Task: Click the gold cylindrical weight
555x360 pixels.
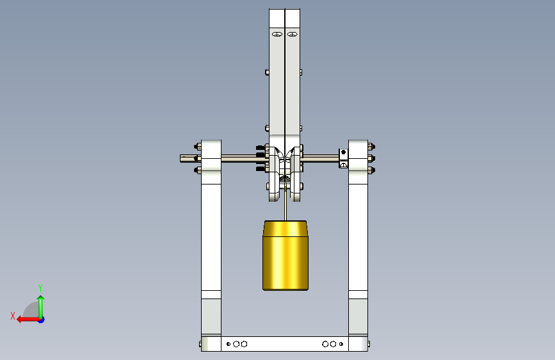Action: tap(286, 256)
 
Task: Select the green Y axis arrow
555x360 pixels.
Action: tap(41, 307)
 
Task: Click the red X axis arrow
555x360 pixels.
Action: tap(28, 320)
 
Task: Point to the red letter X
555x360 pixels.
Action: tap(13, 316)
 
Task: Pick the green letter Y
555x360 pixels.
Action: tap(40, 288)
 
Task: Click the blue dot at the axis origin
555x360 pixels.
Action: tap(42, 320)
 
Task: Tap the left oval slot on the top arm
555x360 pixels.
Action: tap(277, 35)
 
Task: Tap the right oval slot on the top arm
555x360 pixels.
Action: tap(293, 35)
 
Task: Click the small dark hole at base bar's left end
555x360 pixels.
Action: tap(229, 344)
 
